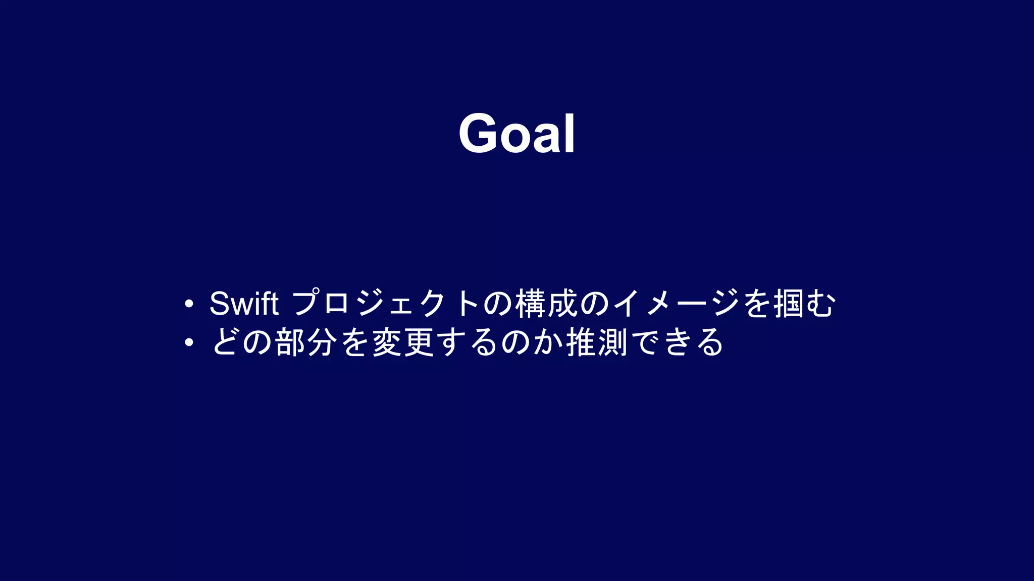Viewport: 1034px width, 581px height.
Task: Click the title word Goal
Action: click(x=516, y=133)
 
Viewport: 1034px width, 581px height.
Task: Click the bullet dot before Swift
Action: click(x=189, y=304)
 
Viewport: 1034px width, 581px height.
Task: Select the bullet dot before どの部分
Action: click(x=189, y=342)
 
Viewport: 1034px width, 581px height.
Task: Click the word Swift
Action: click(x=244, y=304)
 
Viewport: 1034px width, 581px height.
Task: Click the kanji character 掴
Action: click(x=789, y=304)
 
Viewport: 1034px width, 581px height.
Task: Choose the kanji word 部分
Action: click(x=306, y=342)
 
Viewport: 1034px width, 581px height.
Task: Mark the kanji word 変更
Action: click(x=403, y=342)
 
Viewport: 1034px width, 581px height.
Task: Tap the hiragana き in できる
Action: click(x=677, y=342)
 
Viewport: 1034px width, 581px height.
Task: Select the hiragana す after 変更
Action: click(x=451, y=342)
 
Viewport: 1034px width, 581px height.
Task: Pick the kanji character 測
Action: click(x=612, y=342)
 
